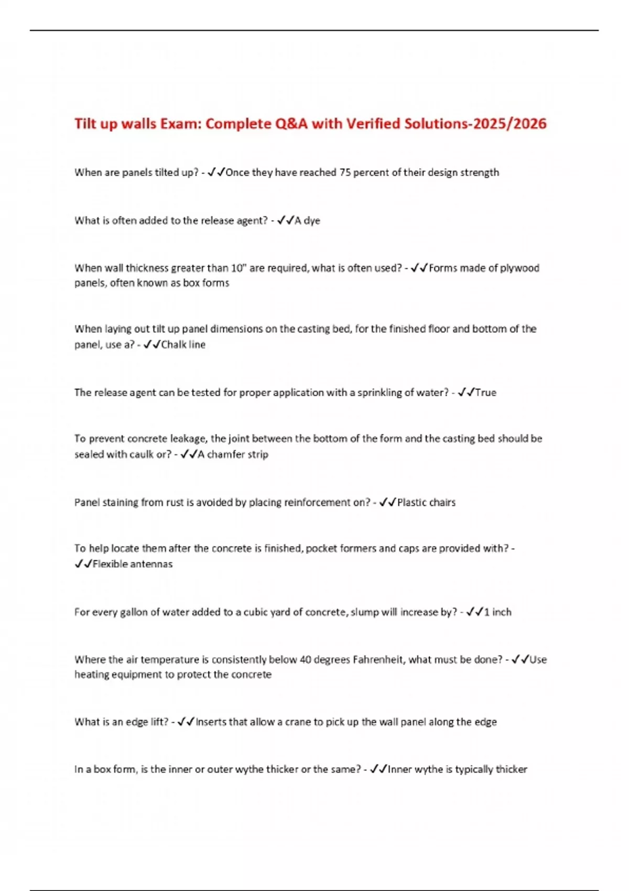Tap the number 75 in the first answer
(x=345, y=172)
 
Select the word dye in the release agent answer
(x=312, y=221)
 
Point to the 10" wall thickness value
(x=239, y=268)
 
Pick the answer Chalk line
(x=183, y=345)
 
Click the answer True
(x=486, y=393)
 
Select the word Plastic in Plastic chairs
(x=412, y=503)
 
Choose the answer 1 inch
(x=497, y=612)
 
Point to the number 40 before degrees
(x=306, y=660)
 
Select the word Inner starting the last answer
(x=400, y=769)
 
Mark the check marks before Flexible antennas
(x=83, y=564)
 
